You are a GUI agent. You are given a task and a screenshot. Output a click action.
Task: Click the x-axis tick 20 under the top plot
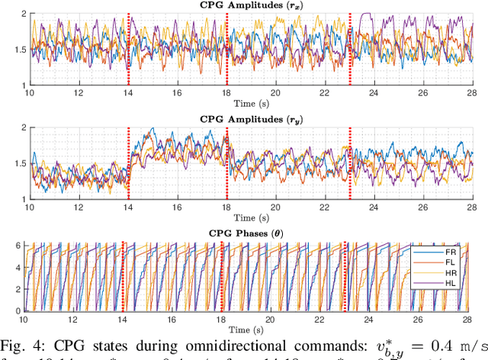coord(277,92)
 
